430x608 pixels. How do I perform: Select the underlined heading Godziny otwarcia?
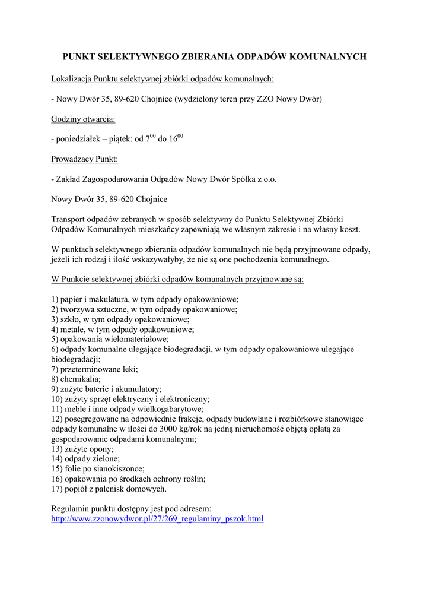coord(83,119)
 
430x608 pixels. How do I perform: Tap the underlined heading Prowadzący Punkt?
coord(85,159)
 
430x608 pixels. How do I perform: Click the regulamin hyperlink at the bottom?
coord(157,519)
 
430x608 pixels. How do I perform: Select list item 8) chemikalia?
coord(77,379)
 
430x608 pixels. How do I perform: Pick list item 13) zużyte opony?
coord(82,449)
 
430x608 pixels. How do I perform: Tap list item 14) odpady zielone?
coord(85,459)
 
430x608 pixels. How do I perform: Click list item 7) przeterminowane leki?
coord(94,369)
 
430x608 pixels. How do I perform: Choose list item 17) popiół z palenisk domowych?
coord(109,489)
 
